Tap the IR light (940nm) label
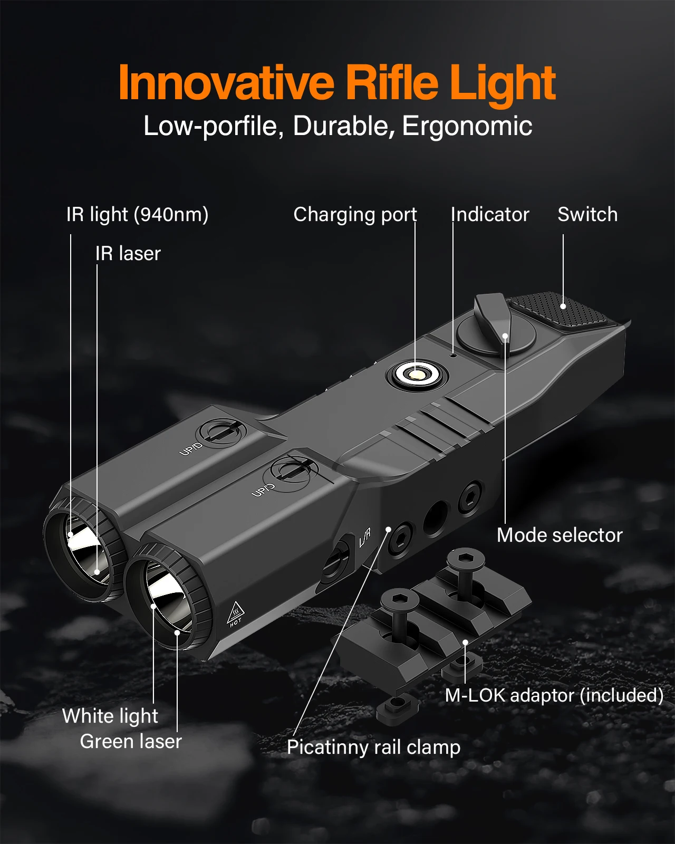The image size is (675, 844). coord(138,215)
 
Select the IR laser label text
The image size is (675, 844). coord(128,254)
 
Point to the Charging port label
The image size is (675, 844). coord(355,215)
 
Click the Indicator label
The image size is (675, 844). coord(490,215)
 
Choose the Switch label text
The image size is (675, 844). coord(587,215)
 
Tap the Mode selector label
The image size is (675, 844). coord(560,535)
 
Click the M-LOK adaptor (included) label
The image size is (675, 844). coord(554,695)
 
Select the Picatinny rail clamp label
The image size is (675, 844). coord(373,747)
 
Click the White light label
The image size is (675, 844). coord(110,716)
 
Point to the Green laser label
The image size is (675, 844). coord(131,742)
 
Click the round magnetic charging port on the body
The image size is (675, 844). coord(417,375)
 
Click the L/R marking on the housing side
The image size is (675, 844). coord(365,538)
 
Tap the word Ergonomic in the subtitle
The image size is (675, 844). coord(467,127)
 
